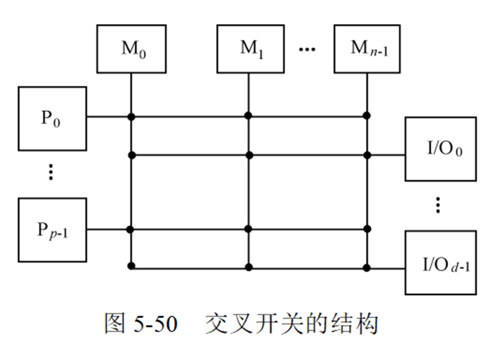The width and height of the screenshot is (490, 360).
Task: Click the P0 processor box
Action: [x=52, y=118]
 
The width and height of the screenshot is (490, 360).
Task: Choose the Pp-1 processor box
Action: [x=52, y=230]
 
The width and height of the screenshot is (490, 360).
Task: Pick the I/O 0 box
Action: [x=441, y=149]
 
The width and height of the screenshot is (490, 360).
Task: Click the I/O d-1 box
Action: [x=441, y=262]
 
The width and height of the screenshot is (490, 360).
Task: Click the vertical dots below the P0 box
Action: [x=51, y=173]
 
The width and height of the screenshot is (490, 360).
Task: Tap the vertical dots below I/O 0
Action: [x=438, y=205]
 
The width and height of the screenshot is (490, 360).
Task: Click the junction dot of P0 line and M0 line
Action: [x=131, y=116]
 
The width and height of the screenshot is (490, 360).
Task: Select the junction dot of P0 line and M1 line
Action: [x=248, y=116]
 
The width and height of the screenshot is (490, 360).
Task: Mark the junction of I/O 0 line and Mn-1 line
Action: [x=366, y=155]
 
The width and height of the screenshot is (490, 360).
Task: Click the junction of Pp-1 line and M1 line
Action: [x=248, y=229]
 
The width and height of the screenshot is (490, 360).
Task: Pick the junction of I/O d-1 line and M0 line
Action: [x=131, y=266]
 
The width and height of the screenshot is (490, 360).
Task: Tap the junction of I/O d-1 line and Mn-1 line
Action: [x=366, y=266]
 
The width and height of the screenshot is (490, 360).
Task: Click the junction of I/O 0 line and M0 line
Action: [x=131, y=155]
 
